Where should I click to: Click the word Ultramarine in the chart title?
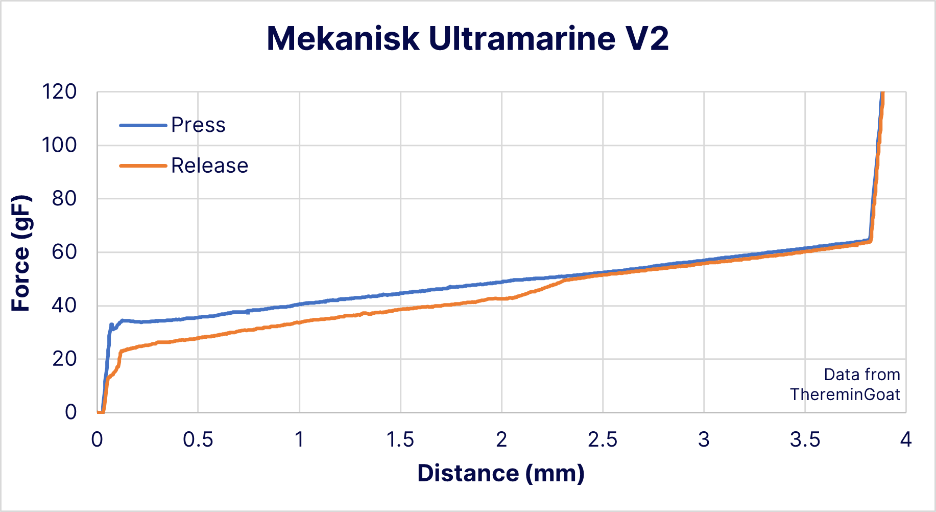pos(522,38)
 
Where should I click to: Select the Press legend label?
pos(198,125)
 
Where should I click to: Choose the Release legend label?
pos(209,166)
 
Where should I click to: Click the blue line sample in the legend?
pos(143,125)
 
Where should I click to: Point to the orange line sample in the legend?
pos(143,166)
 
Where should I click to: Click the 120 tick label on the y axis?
pos(59,92)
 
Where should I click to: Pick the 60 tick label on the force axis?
pos(64,252)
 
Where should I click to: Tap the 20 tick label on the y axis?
pos(64,359)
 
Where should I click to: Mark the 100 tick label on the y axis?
pos(59,145)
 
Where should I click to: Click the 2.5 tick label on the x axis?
pos(603,439)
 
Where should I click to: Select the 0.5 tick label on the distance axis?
pos(198,439)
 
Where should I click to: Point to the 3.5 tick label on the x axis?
pos(805,439)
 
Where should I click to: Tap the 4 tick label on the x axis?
pos(905,439)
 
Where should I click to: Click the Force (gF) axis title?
pos(21,252)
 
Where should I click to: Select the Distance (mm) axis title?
pos(500,473)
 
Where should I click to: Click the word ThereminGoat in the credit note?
pos(845,394)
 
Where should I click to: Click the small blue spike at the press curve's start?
pos(111,325)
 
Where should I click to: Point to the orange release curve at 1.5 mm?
pos(400,309)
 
